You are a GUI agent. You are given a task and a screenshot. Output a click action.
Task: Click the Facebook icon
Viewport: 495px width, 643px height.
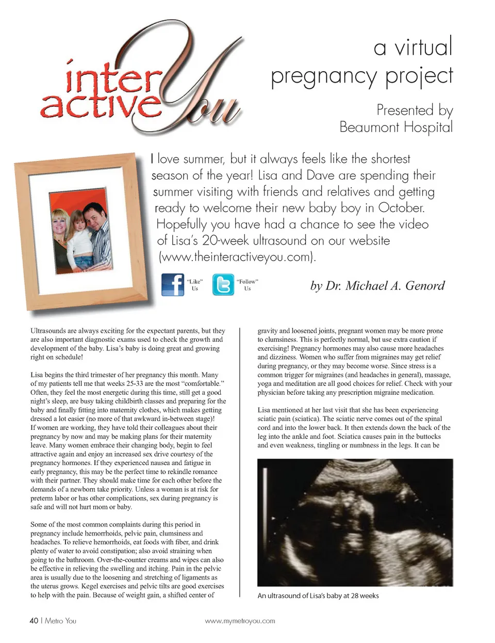pos(173,284)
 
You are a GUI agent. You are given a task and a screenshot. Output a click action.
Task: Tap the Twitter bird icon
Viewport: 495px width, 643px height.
pos(223,285)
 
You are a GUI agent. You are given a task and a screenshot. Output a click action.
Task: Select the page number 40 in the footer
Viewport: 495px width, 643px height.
pos(34,620)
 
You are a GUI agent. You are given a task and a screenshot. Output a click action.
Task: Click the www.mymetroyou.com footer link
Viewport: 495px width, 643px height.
pos(240,621)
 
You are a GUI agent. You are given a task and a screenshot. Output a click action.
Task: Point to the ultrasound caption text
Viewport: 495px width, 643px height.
pos(318,596)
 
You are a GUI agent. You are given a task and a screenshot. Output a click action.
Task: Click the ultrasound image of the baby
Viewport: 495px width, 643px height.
pos(355,522)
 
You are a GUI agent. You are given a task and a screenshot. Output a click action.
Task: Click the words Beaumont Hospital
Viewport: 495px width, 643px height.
pos(395,127)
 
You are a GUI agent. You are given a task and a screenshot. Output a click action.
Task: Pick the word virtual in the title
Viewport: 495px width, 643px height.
pos(423,47)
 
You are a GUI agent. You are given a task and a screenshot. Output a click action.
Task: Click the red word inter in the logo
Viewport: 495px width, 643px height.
pos(110,78)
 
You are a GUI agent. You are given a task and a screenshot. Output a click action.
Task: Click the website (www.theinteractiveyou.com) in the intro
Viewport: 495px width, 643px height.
pos(237,256)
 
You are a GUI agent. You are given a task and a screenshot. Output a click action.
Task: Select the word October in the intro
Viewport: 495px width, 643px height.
pos(401,208)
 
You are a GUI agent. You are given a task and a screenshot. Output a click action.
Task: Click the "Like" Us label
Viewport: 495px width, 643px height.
pos(194,285)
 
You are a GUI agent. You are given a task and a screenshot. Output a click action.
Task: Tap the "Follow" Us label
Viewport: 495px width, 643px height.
pos(247,285)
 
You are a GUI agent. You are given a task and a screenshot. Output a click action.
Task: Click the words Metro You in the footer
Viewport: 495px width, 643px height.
pos(60,620)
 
